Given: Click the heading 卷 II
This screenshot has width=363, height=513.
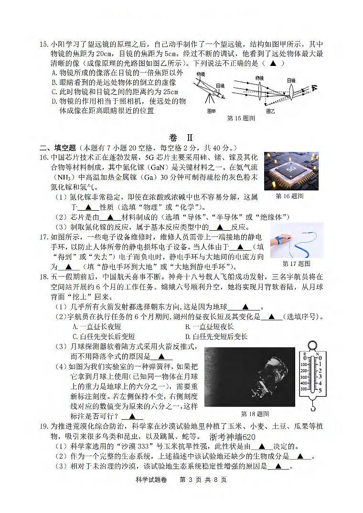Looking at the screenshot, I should (x=181, y=137).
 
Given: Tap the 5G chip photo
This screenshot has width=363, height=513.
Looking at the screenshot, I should (x=291, y=171).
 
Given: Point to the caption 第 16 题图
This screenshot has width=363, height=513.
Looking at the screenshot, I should (x=289, y=196).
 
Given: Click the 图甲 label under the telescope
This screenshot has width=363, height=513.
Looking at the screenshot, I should (x=212, y=111).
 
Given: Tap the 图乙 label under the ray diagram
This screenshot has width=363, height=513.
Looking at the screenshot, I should (x=270, y=111).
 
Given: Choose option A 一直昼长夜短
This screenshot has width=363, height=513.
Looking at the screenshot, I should (x=96, y=327).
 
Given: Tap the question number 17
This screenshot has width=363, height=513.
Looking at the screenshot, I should (x=43, y=237).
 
